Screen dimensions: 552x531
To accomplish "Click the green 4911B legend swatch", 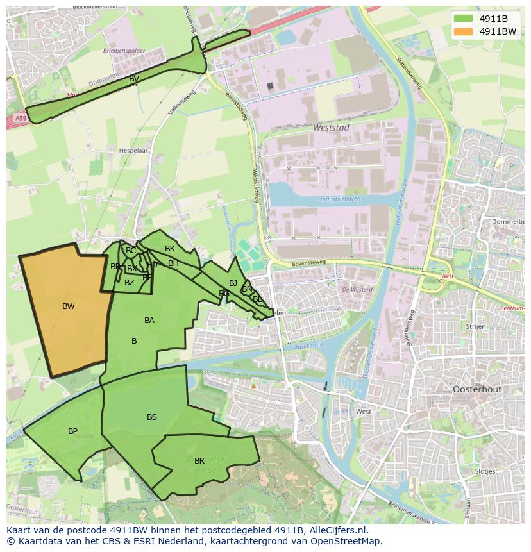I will click(x=462, y=19).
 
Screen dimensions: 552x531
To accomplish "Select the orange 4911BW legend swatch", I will click(x=462, y=31).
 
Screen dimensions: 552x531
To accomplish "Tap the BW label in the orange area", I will click(x=69, y=306).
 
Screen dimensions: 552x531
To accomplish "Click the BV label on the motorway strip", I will click(x=134, y=79).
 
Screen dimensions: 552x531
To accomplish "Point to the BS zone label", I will click(x=152, y=417).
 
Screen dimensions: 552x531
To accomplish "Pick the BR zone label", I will click(x=199, y=461).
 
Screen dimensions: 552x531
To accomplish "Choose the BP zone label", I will click(x=73, y=431).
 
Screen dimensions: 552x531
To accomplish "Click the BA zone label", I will click(x=149, y=321).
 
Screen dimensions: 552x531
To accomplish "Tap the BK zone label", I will click(x=170, y=249).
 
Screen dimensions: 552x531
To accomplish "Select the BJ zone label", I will click(x=233, y=283).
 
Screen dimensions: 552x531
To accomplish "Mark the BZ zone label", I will click(x=130, y=283).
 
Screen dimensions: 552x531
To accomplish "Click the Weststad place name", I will click(x=331, y=128).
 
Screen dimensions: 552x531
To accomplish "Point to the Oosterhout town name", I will click(x=476, y=389).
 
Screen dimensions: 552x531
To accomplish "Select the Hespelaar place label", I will click(x=133, y=151).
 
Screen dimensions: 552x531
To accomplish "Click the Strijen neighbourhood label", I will click(x=476, y=326).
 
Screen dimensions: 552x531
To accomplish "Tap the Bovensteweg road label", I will click(x=308, y=262).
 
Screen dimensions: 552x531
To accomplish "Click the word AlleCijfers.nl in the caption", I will click(x=337, y=530).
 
